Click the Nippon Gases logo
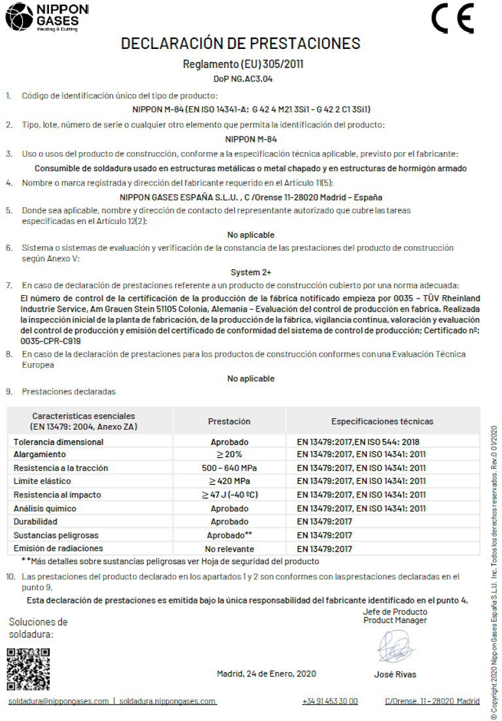pyautogui.click(x=46, y=18)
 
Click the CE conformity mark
pyautogui.click(x=452, y=20)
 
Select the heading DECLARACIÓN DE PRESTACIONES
pyautogui.click(x=241, y=44)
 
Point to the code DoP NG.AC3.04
pyautogui.click(x=243, y=79)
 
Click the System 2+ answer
pyautogui.click(x=251, y=272)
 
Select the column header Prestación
pyautogui.click(x=229, y=421)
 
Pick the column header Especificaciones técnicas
pyautogui.click(x=382, y=421)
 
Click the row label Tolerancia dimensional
pyautogui.click(x=58, y=442)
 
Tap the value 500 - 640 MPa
pyautogui.click(x=229, y=468)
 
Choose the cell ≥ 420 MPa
pyautogui.click(x=229, y=481)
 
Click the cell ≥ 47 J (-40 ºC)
pyautogui.click(x=229, y=495)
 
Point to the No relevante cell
pyautogui.click(x=229, y=549)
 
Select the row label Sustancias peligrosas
pyautogui.click(x=58, y=536)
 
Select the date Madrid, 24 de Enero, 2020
pyautogui.click(x=267, y=673)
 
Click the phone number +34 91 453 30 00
pyautogui.click(x=330, y=701)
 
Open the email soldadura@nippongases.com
pyautogui.click(x=58, y=701)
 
